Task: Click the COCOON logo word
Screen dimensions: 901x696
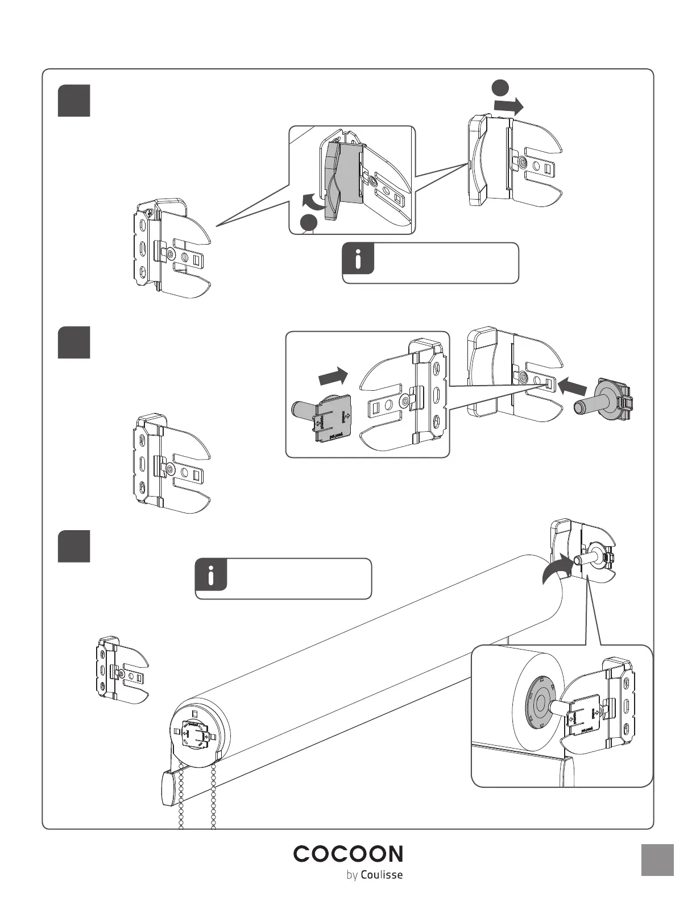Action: tap(348, 854)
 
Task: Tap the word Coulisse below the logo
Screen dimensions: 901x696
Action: tap(382, 874)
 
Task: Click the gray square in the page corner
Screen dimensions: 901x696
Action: tap(657, 860)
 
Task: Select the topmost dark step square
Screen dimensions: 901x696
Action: tap(74, 101)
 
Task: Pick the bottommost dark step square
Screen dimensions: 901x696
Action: tap(74, 546)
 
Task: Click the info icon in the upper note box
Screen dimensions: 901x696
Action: tap(358, 259)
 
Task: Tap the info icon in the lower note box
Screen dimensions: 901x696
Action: tap(211, 575)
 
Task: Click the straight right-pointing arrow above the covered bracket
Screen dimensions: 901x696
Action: tap(508, 106)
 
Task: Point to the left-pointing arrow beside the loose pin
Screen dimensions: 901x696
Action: tap(573, 387)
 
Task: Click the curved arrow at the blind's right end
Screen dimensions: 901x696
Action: tap(557, 569)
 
